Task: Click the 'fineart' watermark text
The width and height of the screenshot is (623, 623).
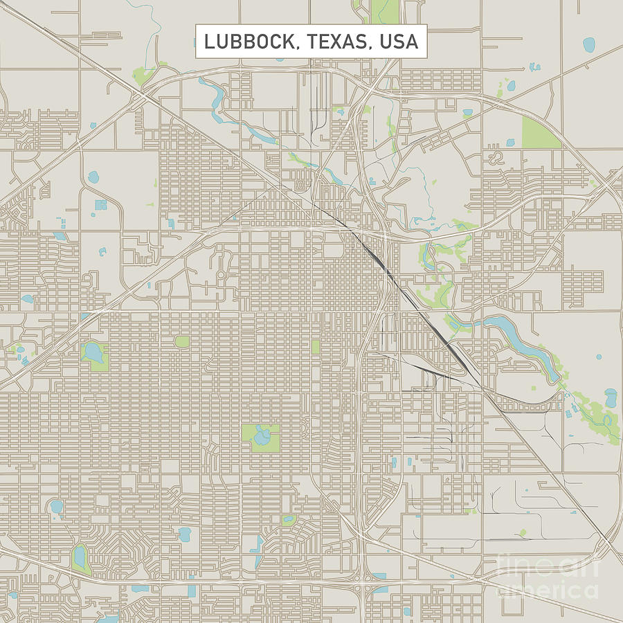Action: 547,568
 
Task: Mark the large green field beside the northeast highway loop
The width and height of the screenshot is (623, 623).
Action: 541,132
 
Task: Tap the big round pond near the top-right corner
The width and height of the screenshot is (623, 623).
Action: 589,46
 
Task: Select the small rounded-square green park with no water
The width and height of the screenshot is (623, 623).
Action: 181,341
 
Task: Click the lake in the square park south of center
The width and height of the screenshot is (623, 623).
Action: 262,437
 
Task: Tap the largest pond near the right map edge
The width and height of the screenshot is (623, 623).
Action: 611,398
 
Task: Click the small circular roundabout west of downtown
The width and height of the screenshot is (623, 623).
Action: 221,274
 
